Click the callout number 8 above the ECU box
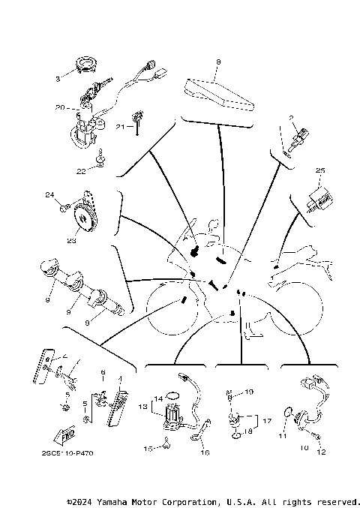217,62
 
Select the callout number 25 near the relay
320,170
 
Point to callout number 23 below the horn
71,242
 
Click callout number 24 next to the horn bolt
51,196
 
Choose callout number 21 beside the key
119,127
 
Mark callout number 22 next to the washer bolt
81,171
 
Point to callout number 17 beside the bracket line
268,421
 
